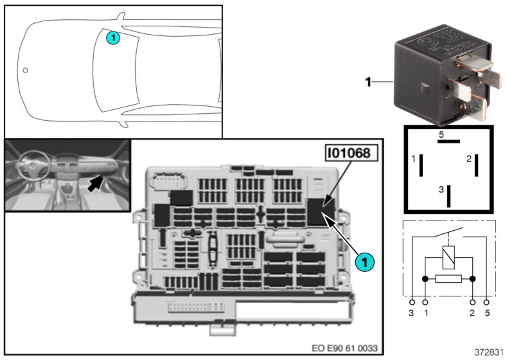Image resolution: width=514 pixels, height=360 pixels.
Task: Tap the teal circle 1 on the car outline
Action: [112, 38]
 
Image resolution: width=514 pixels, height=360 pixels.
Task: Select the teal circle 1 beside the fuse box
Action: [363, 262]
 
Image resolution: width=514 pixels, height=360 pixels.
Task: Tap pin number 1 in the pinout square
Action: [414, 158]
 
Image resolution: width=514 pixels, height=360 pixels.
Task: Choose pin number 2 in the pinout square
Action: [470, 158]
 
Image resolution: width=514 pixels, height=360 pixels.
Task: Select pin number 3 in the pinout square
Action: [441, 190]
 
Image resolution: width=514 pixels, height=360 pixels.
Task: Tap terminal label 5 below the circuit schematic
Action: [487, 313]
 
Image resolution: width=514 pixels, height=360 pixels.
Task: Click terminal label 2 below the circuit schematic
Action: [472, 313]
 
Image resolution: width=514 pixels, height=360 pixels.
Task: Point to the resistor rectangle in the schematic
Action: [448, 279]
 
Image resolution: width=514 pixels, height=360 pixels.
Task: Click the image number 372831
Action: [489, 353]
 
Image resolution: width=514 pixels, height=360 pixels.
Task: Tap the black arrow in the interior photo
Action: [95, 183]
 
